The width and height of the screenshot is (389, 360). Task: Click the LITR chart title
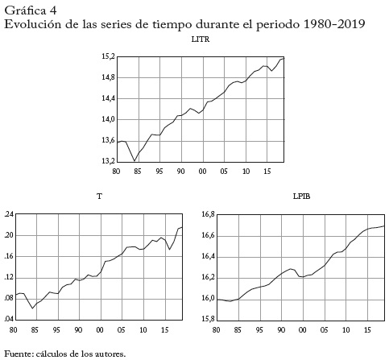click(201, 39)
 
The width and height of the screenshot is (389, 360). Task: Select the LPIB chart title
click(301, 197)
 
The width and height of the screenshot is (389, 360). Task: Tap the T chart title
click(99, 197)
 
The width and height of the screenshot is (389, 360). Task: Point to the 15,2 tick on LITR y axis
click(108, 56)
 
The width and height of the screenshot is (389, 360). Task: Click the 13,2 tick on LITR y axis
click(108, 161)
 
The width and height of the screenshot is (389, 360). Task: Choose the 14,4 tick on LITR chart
click(108, 98)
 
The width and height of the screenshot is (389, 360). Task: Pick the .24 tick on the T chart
click(8, 214)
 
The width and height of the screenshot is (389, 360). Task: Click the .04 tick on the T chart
click(8, 319)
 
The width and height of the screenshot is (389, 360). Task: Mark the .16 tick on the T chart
click(8, 256)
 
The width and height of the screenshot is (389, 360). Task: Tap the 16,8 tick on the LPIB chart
click(209, 214)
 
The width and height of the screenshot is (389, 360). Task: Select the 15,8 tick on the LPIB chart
click(209, 319)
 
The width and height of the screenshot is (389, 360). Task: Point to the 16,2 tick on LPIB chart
click(209, 278)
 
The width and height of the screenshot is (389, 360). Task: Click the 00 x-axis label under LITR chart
click(202, 172)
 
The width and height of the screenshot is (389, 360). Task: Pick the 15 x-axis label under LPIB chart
click(367, 329)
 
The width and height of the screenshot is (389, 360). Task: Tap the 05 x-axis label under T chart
click(122, 329)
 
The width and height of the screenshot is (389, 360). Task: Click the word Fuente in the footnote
click(19, 354)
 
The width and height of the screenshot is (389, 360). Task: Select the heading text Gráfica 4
click(31, 10)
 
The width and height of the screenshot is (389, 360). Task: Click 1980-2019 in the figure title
click(334, 24)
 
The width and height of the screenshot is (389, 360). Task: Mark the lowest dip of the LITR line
click(134, 161)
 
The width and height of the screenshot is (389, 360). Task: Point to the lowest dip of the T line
click(32, 308)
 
